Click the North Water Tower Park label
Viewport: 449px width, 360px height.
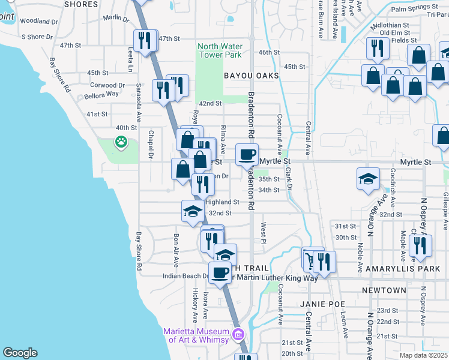coord(220,51)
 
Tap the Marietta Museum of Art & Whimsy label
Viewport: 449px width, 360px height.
coord(196,335)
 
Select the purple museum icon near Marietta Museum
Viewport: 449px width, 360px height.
coord(238,334)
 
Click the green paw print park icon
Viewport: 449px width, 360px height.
coord(121,142)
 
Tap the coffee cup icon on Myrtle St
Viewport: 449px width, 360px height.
coord(247,154)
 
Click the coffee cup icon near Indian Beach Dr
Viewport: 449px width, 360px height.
coord(220,272)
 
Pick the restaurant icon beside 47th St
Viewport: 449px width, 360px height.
coord(143,40)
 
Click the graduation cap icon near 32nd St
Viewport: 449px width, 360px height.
coord(193,211)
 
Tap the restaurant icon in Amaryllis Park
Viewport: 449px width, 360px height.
coord(420,245)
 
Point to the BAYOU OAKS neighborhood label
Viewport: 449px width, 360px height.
coord(252,76)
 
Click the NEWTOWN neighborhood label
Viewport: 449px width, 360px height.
coord(384,290)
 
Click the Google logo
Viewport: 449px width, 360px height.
coord(20,353)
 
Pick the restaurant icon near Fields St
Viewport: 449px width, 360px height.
coord(377,48)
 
